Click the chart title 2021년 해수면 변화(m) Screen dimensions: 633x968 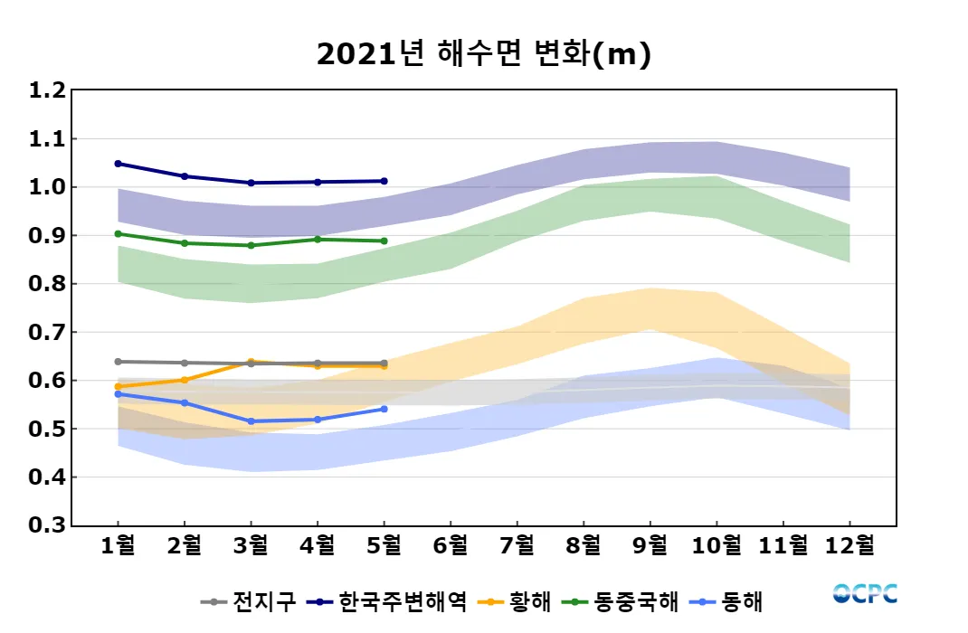click(x=484, y=55)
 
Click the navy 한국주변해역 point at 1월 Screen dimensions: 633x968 click(x=119, y=164)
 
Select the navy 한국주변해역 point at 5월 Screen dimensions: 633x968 click(x=384, y=181)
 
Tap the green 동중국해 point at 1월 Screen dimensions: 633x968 click(x=119, y=233)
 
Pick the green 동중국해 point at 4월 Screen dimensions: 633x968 click(x=318, y=240)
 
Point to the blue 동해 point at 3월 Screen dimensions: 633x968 click(x=251, y=421)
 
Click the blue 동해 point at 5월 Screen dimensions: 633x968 click(x=384, y=409)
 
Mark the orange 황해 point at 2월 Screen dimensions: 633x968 click(x=185, y=380)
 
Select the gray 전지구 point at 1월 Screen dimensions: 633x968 click(x=119, y=362)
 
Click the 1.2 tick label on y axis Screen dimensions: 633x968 click(x=47, y=90)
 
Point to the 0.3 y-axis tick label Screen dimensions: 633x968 click(x=47, y=525)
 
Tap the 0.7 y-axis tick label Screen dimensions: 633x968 click(x=47, y=332)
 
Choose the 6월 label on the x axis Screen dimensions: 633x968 click(x=451, y=545)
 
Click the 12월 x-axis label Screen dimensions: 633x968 click(x=849, y=545)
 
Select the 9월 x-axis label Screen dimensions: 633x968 click(x=650, y=545)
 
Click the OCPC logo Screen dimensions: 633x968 click(x=865, y=594)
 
